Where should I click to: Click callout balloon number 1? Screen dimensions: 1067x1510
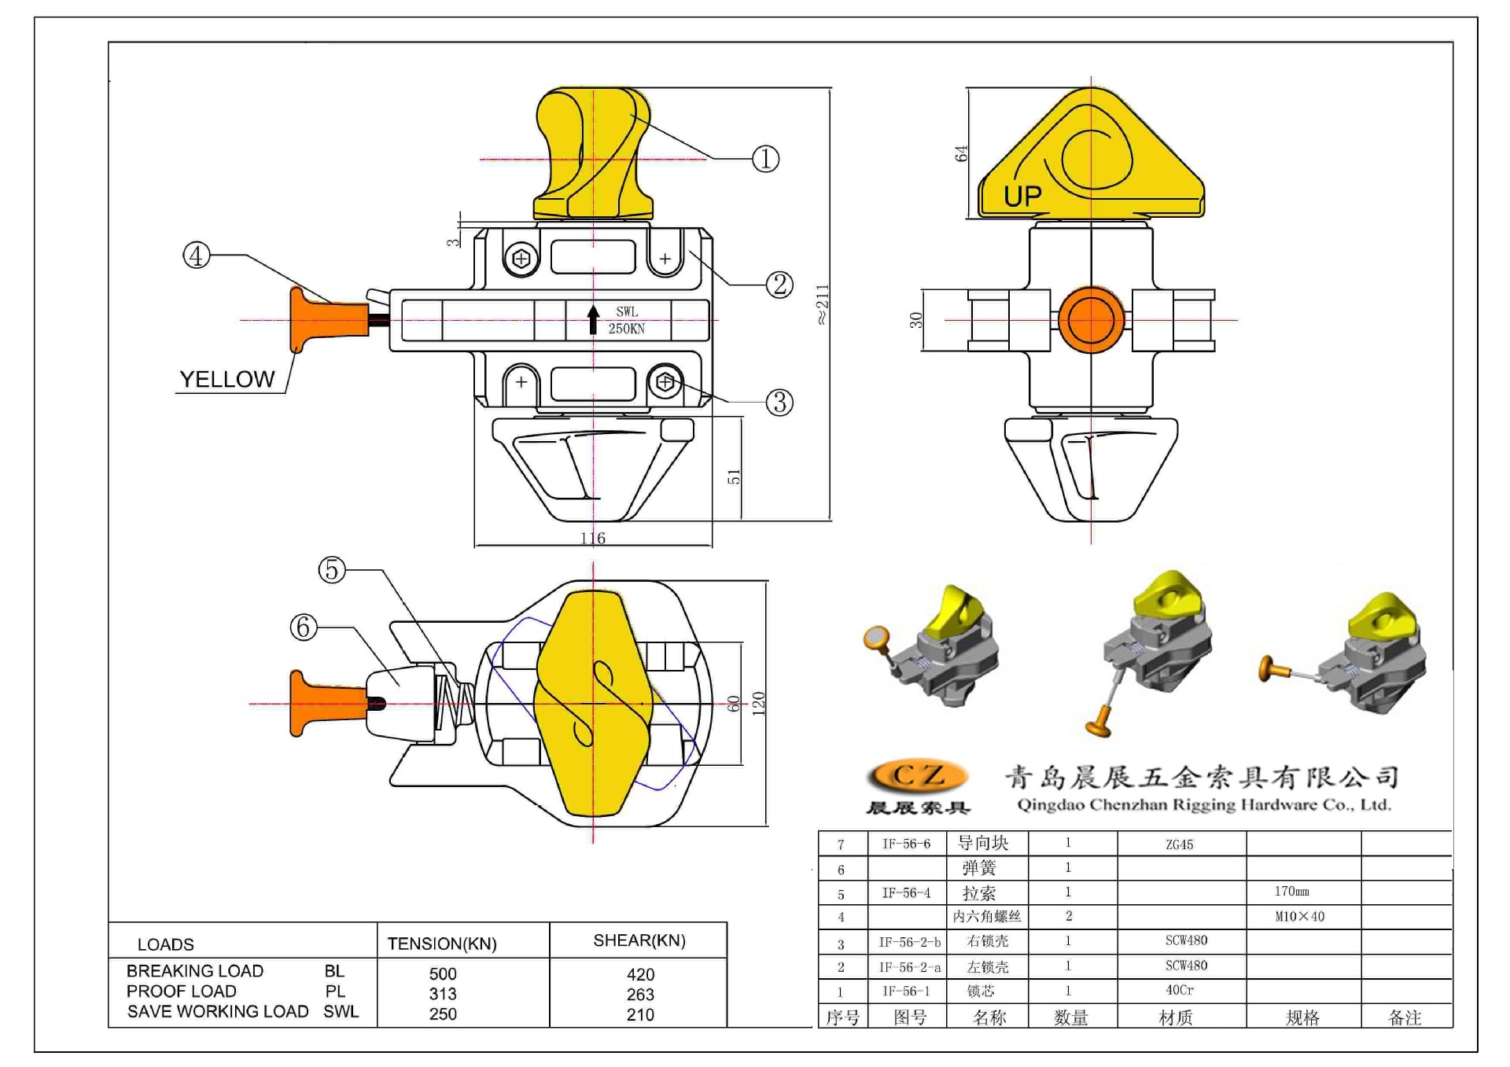click(765, 159)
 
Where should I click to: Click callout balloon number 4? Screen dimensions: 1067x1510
click(197, 256)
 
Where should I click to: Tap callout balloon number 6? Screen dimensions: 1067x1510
click(304, 627)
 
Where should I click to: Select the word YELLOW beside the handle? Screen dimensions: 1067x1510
click(227, 380)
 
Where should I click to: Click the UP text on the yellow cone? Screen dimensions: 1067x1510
click(1022, 197)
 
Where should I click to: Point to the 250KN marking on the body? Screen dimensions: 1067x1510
click(626, 329)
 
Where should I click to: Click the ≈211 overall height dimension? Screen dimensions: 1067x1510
click(822, 305)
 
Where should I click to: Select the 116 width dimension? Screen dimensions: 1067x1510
click(593, 539)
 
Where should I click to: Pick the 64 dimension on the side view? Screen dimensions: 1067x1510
click(961, 153)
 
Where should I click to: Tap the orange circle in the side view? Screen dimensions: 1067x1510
click(1091, 320)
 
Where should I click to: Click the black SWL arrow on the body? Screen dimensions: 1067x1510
click(593, 319)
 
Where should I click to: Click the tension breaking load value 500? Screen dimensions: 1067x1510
click(443, 974)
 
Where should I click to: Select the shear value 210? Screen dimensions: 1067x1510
click(640, 1015)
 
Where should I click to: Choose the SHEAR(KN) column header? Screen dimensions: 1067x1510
click(639, 940)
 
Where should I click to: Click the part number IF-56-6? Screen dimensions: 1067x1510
click(906, 844)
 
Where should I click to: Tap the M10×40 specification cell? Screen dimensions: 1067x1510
click(1299, 917)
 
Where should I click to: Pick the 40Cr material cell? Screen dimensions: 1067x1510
click(1179, 991)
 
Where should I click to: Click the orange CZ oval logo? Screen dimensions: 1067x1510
click(918, 776)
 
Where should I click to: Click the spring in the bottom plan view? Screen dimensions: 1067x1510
click(457, 702)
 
